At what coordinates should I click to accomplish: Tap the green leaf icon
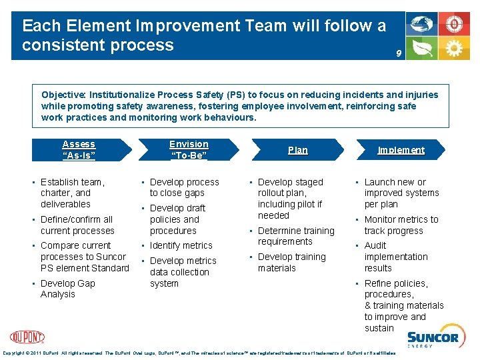[423, 48]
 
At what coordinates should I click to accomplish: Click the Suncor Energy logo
[433, 339]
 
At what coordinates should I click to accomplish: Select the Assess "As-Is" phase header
[79, 150]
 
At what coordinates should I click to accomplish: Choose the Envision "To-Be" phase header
[189, 150]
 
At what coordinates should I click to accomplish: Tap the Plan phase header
[297, 151]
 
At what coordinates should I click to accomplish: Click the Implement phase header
[401, 151]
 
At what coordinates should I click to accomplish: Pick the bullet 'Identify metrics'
[181, 245]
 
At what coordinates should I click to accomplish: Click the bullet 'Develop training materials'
[291, 262]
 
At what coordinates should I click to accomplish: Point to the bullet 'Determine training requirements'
[296, 236]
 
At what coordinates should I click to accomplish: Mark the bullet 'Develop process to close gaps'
[184, 187]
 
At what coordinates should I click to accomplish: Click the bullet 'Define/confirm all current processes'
[77, 225]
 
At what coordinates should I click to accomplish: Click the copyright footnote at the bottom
[200, 353]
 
